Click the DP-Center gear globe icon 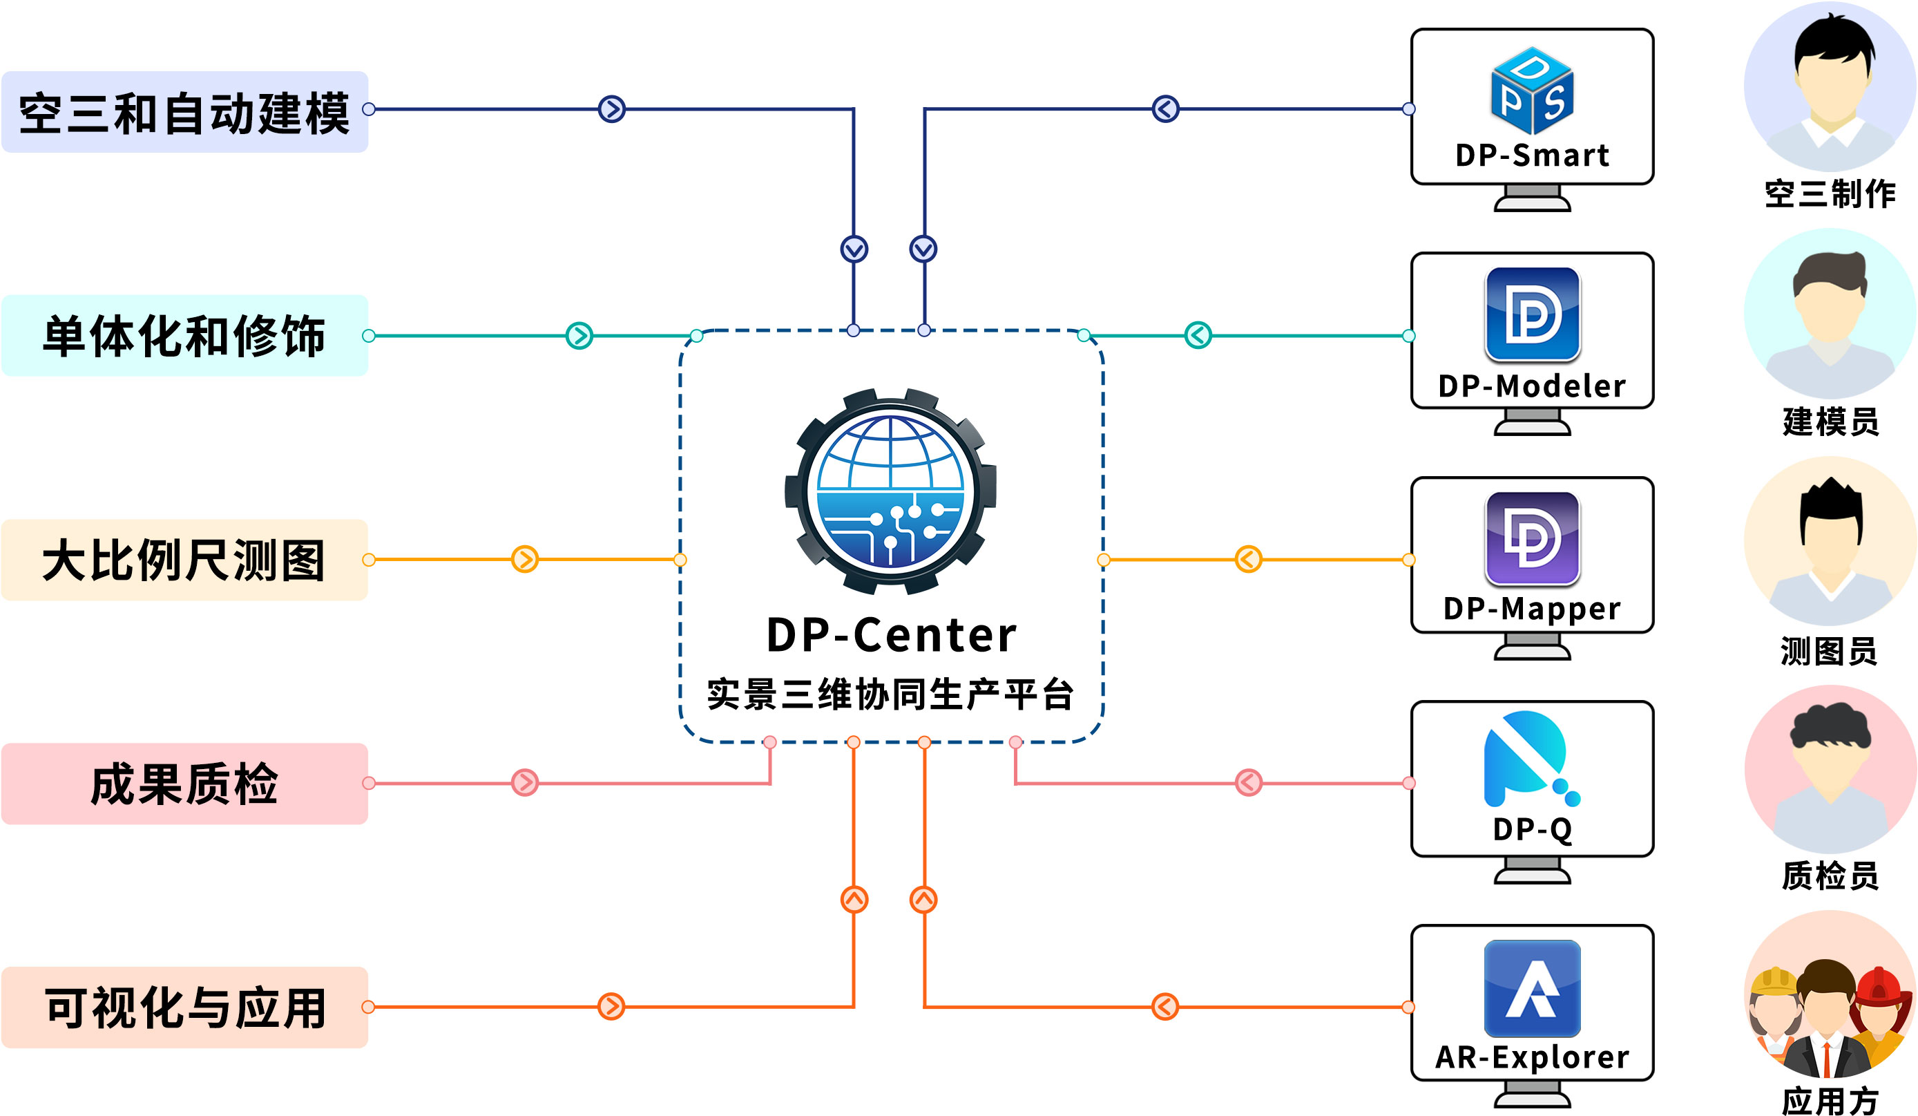(890, 491)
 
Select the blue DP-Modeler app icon (1532, 314)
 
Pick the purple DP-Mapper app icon (1532, 538)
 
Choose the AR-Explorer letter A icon (1532, 987)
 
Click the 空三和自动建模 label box (185, 112)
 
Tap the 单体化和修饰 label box (185, 336)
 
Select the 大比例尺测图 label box (185, 560)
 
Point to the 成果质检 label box (185, 784)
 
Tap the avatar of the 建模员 (1830, 314)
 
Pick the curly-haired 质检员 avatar (1830, 769)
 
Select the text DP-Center (890, 635)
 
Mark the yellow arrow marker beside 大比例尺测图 (524, 560)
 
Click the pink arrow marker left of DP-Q (1248, 782)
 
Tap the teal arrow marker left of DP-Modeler (1198, 335)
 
